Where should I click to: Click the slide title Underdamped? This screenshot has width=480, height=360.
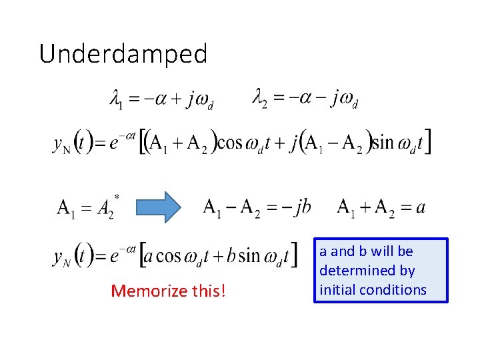[123, 53]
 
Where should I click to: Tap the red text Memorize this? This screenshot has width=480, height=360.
[168, 291]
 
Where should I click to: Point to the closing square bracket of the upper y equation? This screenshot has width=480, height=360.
[426, 142]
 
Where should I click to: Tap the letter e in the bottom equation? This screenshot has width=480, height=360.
[114, 257]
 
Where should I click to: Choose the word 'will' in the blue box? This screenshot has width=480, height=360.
[386, 251]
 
